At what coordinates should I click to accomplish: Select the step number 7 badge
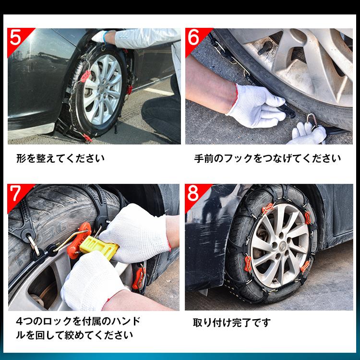coord(15,193)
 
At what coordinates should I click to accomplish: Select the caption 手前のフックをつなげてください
coord(267,158)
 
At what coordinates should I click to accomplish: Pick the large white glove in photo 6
coord(254,106)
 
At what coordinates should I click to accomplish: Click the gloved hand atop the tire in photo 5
coord(101,36)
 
